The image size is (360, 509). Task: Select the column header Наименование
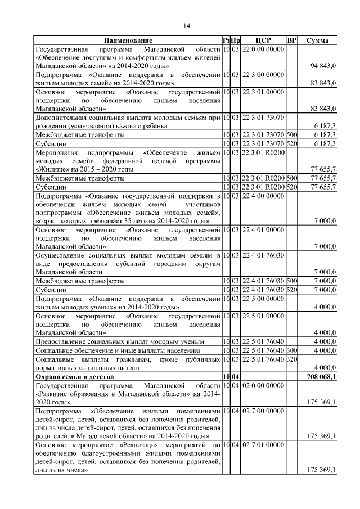(x=128, y=40)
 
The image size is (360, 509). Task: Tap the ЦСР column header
(x=263, y=40)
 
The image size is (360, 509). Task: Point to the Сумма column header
(x=317, y=40)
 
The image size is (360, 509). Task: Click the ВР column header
(x=291, y=40)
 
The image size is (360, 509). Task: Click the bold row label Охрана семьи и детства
(x=74, y=376)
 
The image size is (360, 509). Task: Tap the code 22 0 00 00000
(x=263, y=49)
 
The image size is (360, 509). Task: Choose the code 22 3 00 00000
(x=263, y=74)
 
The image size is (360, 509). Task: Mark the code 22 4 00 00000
(x=263, y=195)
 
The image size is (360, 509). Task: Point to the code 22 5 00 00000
(x=263, y=297)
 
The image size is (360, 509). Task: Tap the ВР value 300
(x=291, y=350)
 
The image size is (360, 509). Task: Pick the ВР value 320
(x=291, y=359)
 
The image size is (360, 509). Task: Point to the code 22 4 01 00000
(x=263, y=229)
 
